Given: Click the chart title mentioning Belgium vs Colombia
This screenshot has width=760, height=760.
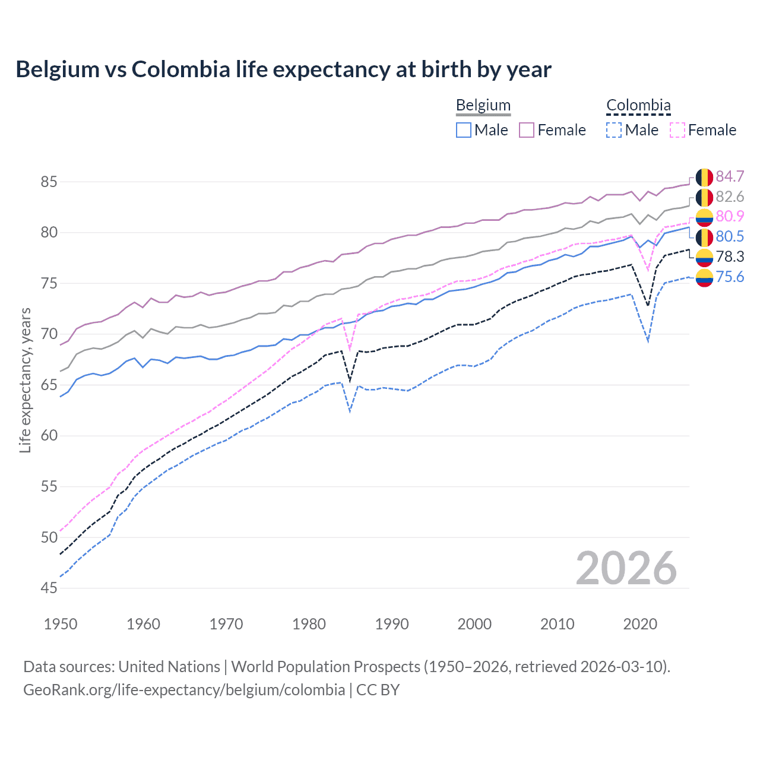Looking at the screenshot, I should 283,69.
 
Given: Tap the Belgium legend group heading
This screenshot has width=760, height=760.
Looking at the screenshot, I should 483,106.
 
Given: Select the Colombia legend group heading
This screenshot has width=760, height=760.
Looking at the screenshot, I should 638,106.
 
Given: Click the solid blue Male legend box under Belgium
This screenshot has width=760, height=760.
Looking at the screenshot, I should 464,130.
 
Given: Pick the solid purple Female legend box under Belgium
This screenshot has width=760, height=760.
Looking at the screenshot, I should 527,130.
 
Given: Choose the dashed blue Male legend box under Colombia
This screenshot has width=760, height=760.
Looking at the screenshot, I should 614,130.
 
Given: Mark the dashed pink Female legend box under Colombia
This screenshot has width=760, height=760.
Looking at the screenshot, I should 677,130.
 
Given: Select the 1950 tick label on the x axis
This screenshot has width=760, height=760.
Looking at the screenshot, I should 61,624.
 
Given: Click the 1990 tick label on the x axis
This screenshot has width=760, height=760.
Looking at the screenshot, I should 392,624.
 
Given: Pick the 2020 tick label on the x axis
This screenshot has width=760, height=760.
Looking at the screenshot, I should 640,624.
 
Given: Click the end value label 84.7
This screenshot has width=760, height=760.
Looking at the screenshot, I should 730,177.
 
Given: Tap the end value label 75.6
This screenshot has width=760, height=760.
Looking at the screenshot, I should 730,277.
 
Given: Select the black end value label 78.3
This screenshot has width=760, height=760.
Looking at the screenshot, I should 730,256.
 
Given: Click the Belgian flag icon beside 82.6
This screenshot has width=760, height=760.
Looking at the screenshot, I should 704,197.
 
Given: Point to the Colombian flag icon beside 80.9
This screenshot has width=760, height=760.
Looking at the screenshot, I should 704,217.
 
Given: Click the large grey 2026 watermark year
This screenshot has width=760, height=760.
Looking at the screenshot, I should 626,568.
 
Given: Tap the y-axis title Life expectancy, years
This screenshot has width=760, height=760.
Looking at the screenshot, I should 26,380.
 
